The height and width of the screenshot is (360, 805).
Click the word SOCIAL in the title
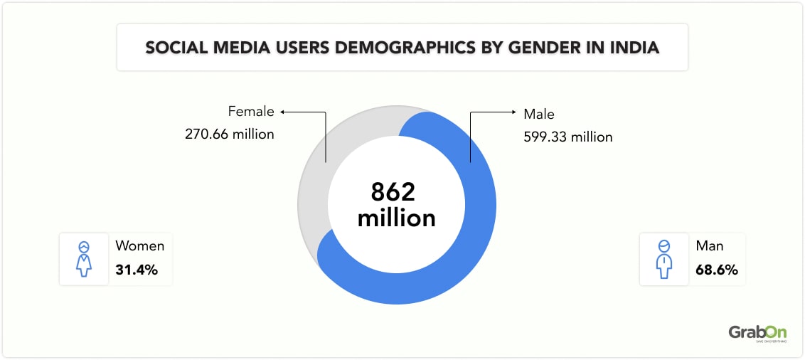[174, 48]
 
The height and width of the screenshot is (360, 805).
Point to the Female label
[250, 112]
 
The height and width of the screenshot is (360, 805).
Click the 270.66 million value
[229, 134]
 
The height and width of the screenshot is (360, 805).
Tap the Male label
[538, 114]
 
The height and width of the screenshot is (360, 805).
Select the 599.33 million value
[567, 137]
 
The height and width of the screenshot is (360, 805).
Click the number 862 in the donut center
[393, 193]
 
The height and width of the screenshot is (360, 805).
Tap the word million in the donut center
[396, 218]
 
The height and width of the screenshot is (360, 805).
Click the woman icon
[84, 259]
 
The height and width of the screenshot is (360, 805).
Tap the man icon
[663, 259]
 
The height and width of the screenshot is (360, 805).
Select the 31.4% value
[136, 270]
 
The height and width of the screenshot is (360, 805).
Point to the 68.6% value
[717, 270]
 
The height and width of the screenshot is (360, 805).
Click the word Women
[139, 246]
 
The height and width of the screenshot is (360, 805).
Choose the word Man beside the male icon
[710, 246]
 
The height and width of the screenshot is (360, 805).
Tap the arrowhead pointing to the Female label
[282, 112]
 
